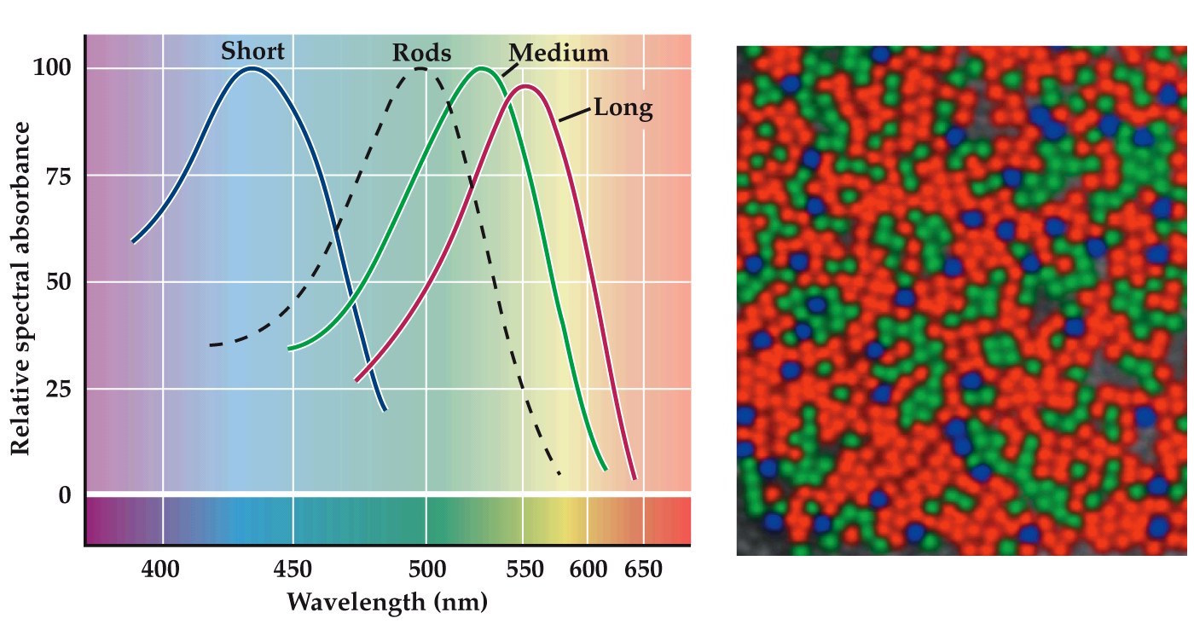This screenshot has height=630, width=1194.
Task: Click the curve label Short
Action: [252, 51]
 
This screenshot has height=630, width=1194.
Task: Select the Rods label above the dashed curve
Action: [421, 54]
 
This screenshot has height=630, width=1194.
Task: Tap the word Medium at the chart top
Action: [559, 54]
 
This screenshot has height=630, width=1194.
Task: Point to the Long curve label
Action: [623, 109]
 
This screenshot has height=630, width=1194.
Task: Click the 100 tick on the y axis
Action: [52, 68]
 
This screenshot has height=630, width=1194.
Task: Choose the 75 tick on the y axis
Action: [57, 176]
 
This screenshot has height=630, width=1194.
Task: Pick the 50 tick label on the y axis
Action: [57, 282]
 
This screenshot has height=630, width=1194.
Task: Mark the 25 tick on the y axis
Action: [57, 389]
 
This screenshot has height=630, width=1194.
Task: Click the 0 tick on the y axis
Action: [65, 495]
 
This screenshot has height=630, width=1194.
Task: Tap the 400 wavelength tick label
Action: [160, 569]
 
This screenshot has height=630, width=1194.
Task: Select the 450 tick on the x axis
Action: [293, 569]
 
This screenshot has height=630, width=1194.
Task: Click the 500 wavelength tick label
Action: [426, 569]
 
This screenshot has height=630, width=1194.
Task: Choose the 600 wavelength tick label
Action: [588, 569]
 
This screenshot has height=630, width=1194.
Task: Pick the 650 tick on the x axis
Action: [643, 569]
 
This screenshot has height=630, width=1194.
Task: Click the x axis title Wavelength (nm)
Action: [387, 602]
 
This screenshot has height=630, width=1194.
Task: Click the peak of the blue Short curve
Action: [252, 68]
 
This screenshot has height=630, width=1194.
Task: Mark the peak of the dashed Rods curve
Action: [422, 68]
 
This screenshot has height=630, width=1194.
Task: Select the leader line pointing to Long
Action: [576, 112]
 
